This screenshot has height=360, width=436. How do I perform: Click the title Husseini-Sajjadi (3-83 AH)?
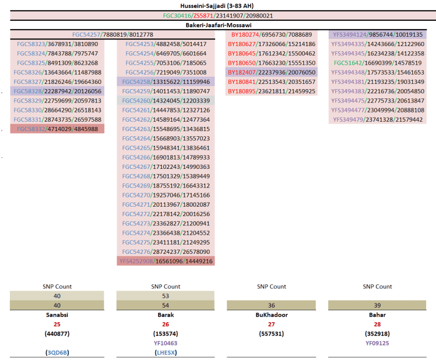tap(218, 5)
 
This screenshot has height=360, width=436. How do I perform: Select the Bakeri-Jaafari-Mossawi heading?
tap(218, 25)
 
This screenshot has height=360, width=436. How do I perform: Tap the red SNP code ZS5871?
tap(204, 16)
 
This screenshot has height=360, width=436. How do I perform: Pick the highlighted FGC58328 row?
tap(58, 91)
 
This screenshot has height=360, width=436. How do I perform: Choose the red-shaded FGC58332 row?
tap(58, 129)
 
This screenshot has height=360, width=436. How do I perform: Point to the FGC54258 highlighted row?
tap(166, 82)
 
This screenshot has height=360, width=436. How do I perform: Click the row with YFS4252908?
tap(166, 261)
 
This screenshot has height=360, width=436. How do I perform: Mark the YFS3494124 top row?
tap(378, 35)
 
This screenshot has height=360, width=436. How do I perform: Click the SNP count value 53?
tap(165, 296)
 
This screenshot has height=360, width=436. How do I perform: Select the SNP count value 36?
tap(272, 306)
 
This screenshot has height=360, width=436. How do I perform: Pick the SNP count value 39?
tap(377, 306)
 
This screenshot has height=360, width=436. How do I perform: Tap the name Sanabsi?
tap(57, 314)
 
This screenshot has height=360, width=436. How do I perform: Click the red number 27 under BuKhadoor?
tap(272, 324)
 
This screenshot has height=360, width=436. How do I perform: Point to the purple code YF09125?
tap(377, 343)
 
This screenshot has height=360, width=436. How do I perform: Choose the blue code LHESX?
tap(165, 352)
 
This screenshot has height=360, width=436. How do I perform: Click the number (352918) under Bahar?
tap(377, 334)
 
